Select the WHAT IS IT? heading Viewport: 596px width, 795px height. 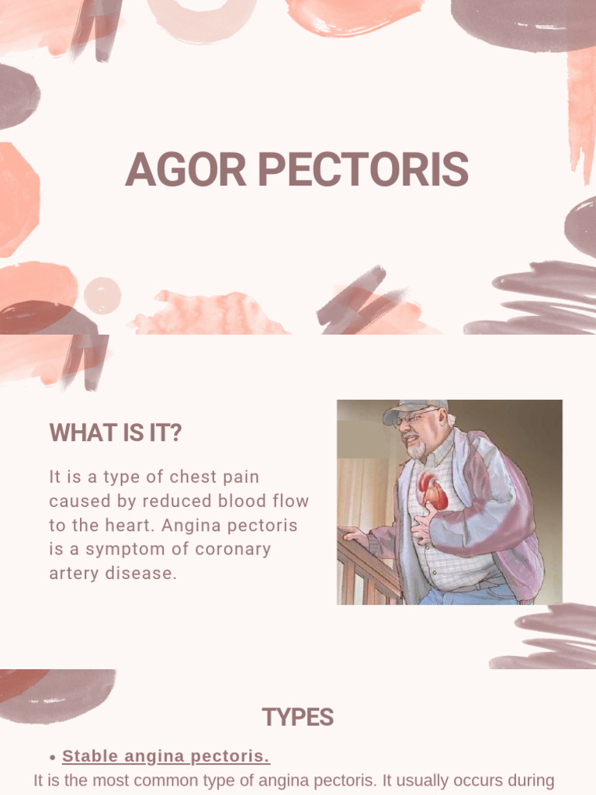pyautogui.click(x=116, y=433)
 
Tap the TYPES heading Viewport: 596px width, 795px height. pyautogui.click(x=297, y=717)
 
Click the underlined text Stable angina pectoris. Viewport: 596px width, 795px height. pyautogui.click(x=166, y=756)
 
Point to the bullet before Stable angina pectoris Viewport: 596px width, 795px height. pyautogui.click(x=52, y=758)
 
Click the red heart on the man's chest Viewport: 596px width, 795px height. pyautogui.click(x=432, y=491)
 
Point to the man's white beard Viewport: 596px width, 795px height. pyautogui.click(x=417, y=450)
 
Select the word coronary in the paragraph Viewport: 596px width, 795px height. pyautogui.click(x=234, y=550)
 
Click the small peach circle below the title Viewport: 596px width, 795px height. pyautogui.click(x=102, y=296)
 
